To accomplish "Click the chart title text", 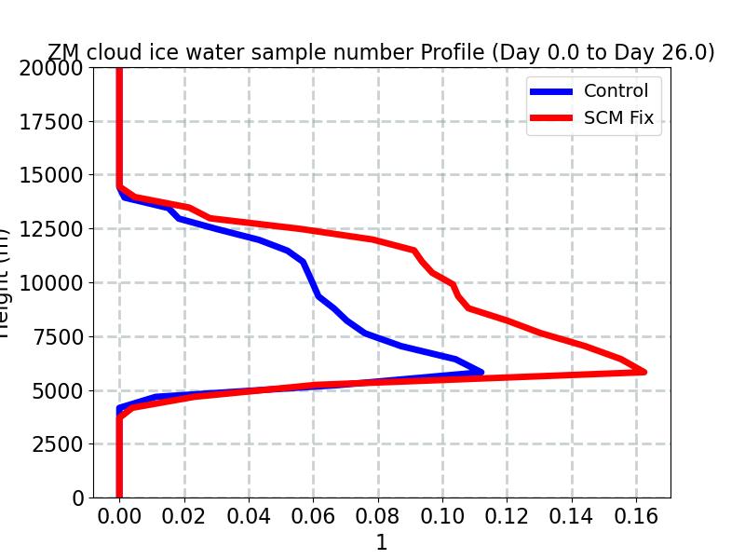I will (381, 53).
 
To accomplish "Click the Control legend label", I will (616, 90).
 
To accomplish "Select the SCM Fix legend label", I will (618, 118).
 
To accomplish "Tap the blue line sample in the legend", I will (552, 91).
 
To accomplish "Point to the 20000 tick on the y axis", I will (52, 68).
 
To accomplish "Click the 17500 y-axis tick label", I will (52, 122).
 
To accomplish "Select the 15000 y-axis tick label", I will (52, 175).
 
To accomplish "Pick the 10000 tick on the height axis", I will (52, 283).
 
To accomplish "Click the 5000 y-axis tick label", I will (58, 390).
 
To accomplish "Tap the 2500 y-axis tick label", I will (58, 444).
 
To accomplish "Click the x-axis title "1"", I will (381, 543).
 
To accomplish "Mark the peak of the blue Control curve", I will (481, 372).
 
